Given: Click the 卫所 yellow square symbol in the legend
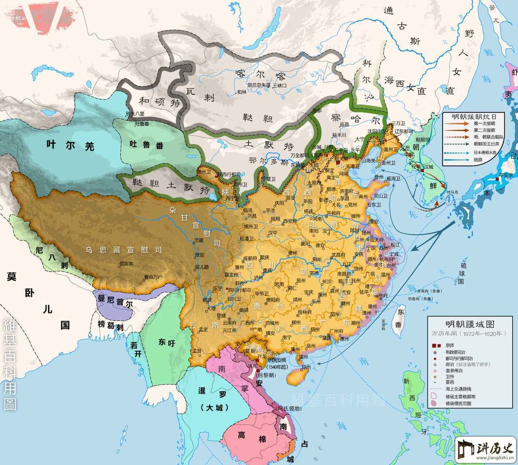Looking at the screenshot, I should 434,376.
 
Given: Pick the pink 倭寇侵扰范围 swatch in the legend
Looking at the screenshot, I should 434,403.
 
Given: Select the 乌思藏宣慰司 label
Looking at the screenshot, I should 123,250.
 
